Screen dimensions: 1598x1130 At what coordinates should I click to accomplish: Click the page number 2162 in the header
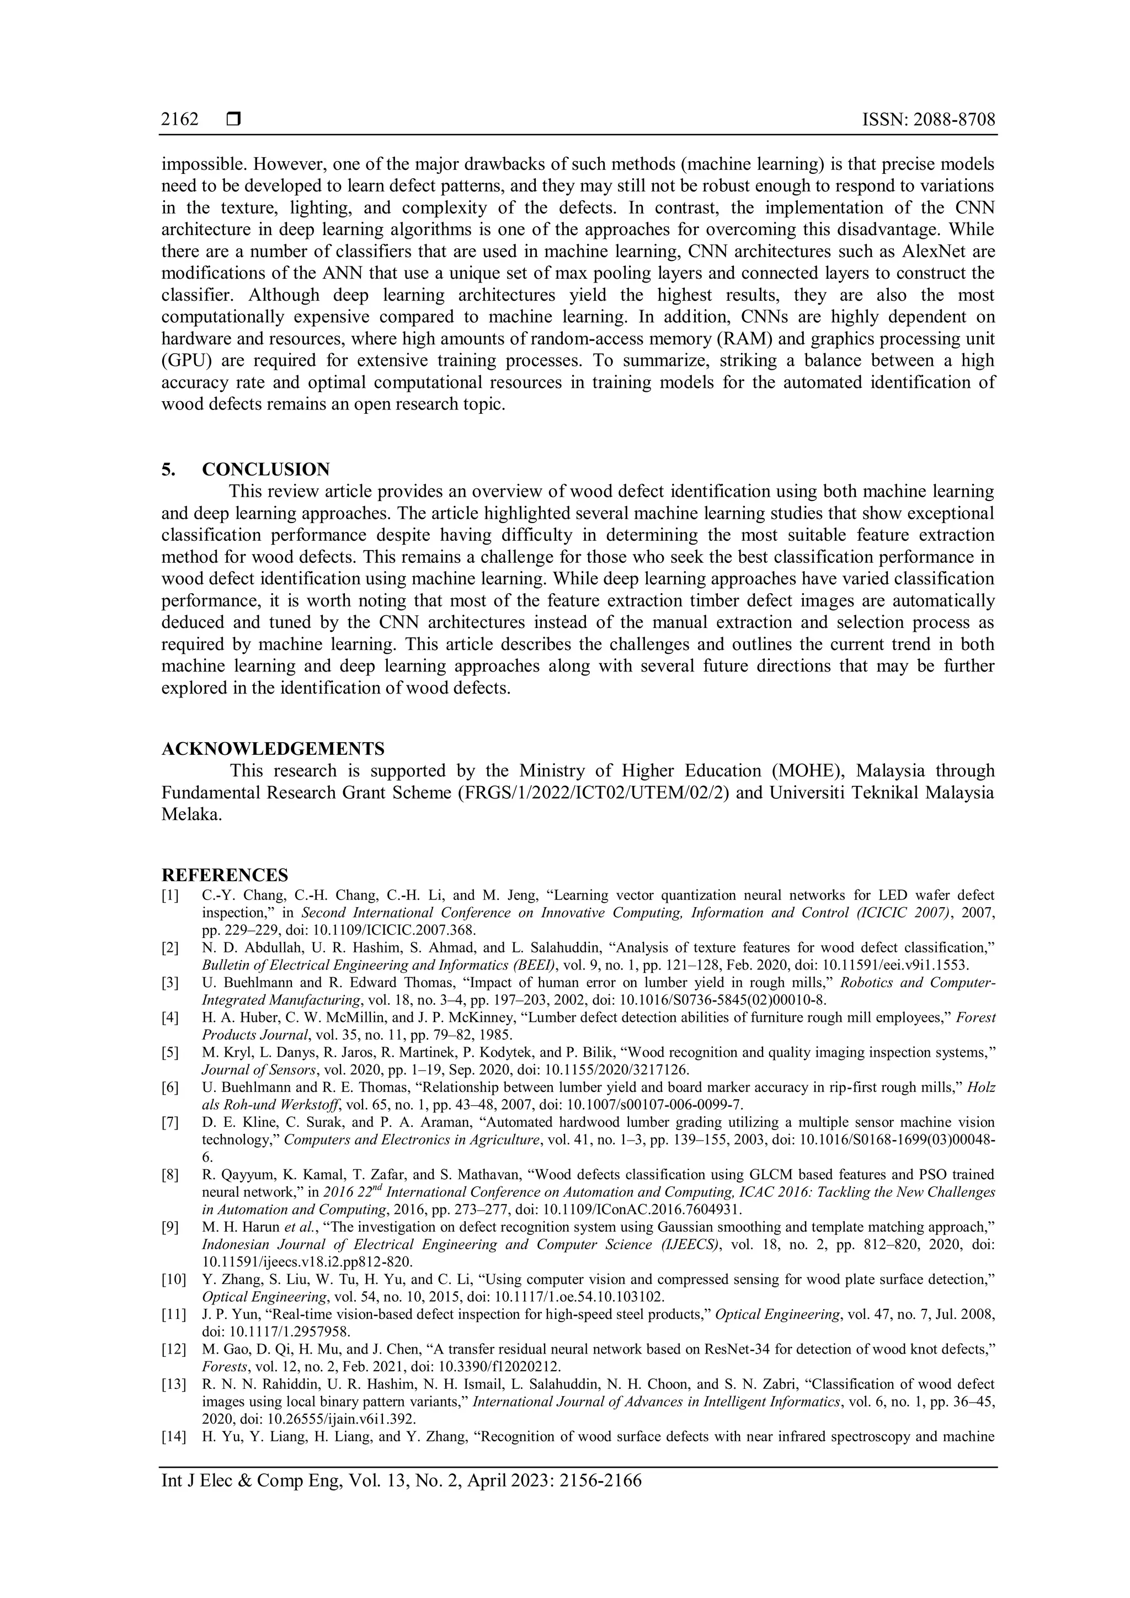(179, 120)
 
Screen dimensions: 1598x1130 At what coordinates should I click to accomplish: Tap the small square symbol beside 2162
(233, 120)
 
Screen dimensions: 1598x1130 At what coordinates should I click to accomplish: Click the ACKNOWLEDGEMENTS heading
(273, 749)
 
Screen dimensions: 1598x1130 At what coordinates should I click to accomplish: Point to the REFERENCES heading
(225, 875)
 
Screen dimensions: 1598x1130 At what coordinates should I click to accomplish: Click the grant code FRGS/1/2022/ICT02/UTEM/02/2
(593, 793)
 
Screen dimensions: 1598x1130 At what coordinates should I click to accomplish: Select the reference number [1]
(170, 895)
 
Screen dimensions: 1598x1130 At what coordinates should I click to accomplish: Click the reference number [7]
(170, 1122)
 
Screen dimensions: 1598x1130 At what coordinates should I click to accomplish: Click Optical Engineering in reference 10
(264, 1297)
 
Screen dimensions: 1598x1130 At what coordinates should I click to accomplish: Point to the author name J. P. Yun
(226, 1314)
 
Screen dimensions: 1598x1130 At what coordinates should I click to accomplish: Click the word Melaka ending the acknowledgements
(191, 815)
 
